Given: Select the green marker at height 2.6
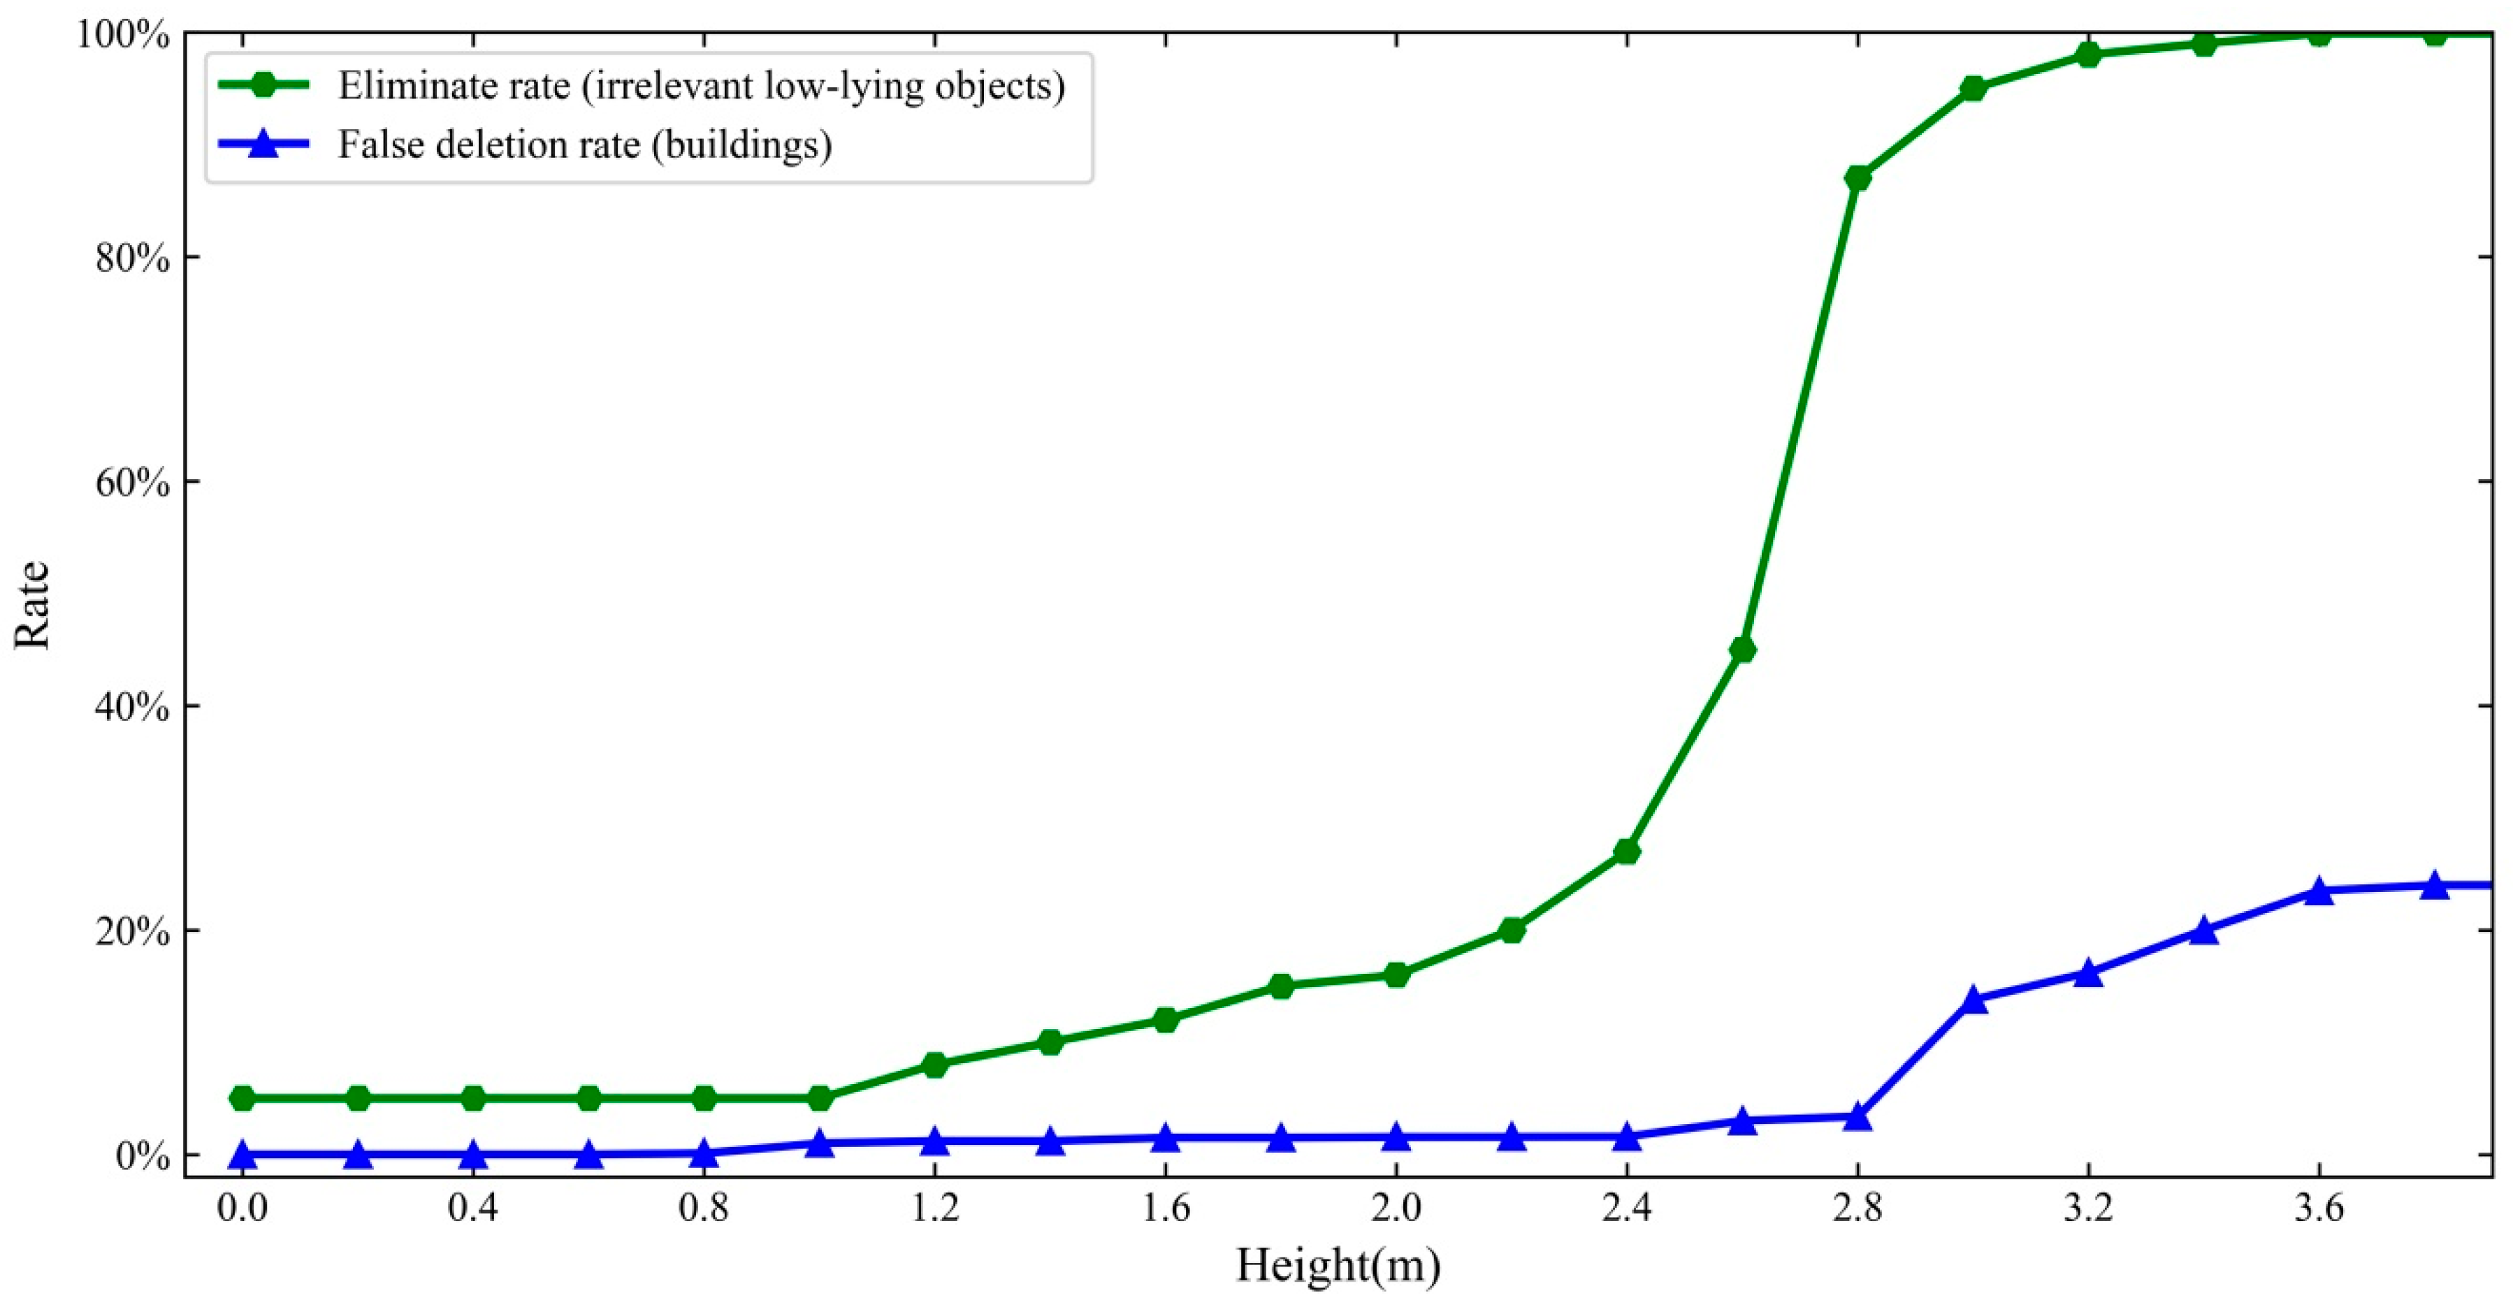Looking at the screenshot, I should coord(1742,650).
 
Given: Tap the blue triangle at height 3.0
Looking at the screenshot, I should coord(1974,1000).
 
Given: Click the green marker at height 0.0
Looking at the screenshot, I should coord(242,1098).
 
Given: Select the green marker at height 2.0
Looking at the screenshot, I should coord(1396,974).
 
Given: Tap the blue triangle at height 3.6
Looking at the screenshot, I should coord(2319,891).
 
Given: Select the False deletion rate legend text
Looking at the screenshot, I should coord(584,145).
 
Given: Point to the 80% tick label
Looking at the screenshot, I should coord(136,258).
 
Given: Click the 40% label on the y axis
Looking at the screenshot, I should coord(136,706).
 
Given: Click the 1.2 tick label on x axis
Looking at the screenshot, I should coord(934,1209).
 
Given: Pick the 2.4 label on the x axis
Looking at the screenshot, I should coord(1626,1209).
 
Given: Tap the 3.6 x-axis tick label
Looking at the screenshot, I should coord(2319,1209).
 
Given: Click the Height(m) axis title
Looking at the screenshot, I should coord(1338,1266).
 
